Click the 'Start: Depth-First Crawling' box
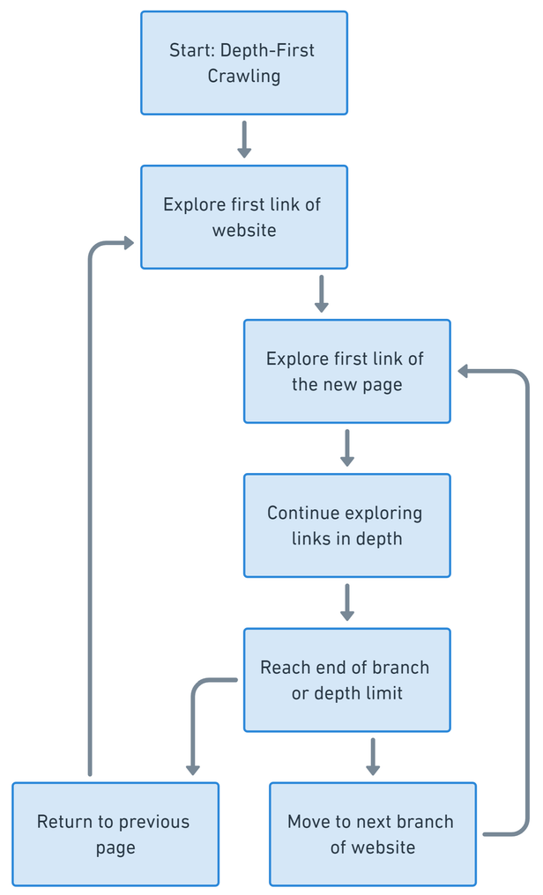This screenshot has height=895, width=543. [x=244, y=63]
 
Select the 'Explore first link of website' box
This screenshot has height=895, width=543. [x=244, y=217]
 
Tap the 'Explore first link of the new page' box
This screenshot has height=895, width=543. [x=346, y=371]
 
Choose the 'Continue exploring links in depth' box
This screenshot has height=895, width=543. [x=346, y=525]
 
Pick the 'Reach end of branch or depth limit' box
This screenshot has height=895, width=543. [x=346, y=679]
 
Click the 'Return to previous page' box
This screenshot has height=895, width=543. [x=115, y=833]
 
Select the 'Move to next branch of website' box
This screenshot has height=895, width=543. [x=372, y=833]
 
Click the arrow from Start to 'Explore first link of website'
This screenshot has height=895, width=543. [x=244, y=139]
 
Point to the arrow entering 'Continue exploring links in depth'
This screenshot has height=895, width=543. [x=346, y=447]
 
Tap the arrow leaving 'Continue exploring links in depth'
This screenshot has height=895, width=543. [x=346, y=602]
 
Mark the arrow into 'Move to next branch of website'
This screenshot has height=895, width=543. [x=372, y=756]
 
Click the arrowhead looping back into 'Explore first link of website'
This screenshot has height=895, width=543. [x=128, y=242]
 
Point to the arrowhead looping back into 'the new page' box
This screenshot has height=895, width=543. [x=465, y=372]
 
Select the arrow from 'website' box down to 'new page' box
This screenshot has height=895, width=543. [x=321, y=293]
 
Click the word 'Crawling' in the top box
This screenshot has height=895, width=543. [x=244, y=76]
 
